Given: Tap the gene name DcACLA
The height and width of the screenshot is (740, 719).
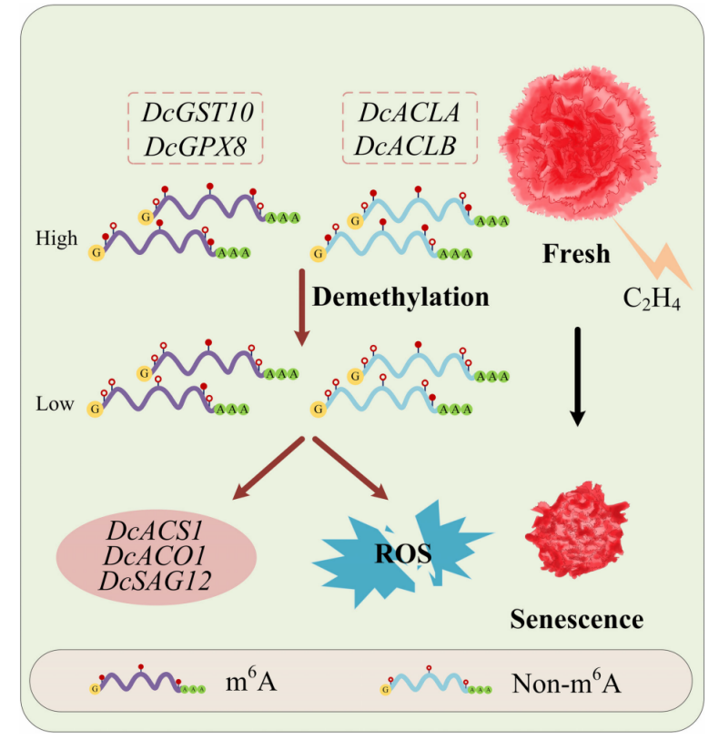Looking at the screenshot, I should (x=410, y=113).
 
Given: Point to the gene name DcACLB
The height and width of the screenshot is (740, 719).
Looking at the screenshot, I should (x=410, y=144).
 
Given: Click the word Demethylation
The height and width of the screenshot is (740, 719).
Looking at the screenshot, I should (x=400, y=298).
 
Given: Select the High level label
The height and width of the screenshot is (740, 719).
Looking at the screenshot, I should (x=56, y=238).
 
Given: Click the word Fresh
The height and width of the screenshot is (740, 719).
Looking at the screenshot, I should (x=576, y=254).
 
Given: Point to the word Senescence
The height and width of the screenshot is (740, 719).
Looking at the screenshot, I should (x=576, y=620).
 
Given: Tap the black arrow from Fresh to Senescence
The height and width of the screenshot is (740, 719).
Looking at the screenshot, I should (x=576, y=373).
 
